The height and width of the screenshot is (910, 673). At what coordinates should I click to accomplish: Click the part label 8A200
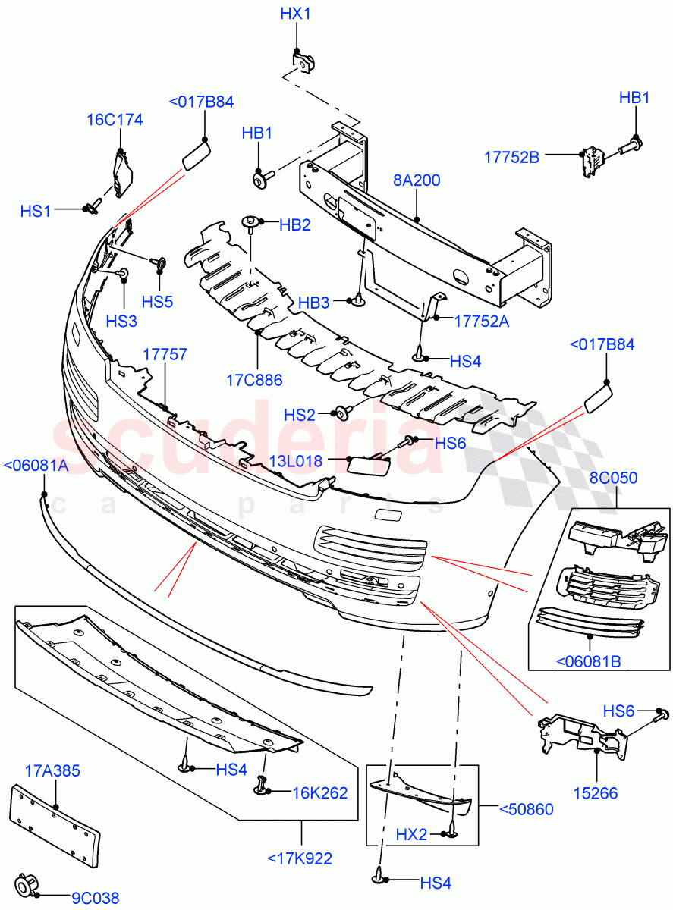click(417, 180)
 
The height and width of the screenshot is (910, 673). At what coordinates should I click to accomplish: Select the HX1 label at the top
click(295, 14)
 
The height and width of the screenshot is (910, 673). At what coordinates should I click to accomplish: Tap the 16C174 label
click(115, 120)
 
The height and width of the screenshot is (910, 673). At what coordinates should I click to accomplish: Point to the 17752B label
click(511, 157)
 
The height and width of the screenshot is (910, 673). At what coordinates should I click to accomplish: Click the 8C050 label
click(613, 478)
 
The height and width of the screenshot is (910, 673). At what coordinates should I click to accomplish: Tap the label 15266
click(596, 794)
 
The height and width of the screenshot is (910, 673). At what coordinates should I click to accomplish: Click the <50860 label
click(526, 809)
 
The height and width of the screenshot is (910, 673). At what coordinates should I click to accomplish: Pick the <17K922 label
click(300, 858)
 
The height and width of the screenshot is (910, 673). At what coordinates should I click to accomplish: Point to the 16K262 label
click(320, 793)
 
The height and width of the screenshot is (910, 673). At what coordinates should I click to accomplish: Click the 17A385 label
click(53, 771)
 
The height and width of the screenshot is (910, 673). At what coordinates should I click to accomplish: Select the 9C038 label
click(96, 899)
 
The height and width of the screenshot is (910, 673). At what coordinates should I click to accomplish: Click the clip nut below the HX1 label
click(303, 61)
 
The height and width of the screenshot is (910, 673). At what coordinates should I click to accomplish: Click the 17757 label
click(165, 354)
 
